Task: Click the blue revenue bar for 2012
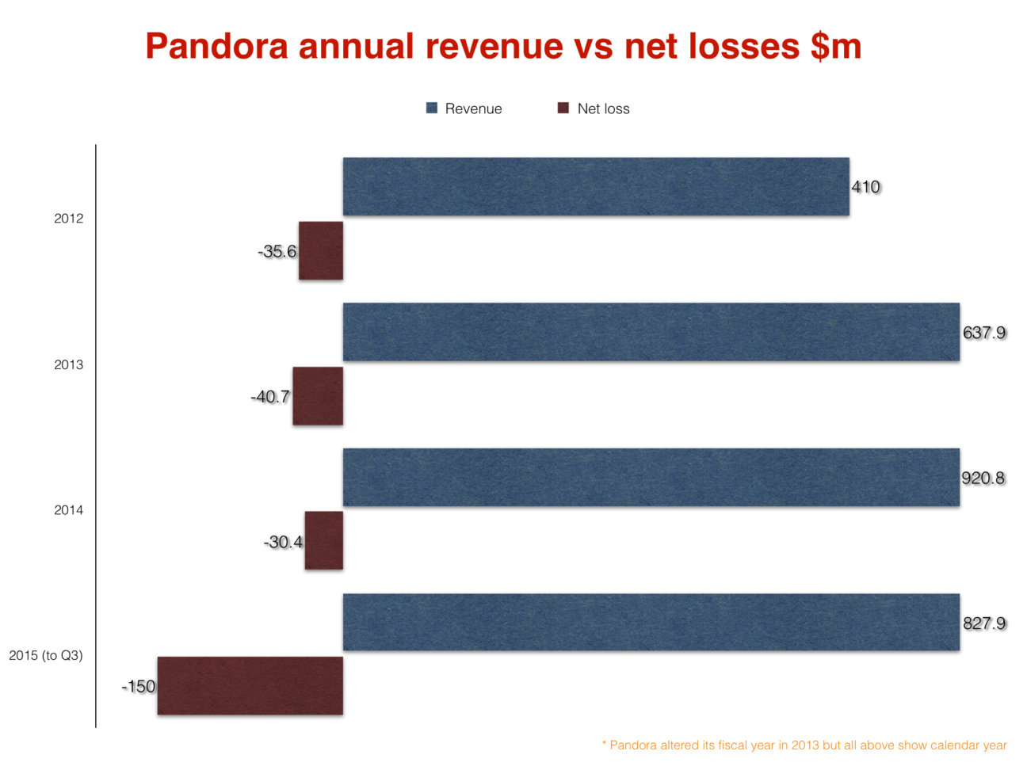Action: pos(596,186)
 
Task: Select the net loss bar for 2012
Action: pos(321,250)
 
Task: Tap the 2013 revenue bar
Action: pos(651,332)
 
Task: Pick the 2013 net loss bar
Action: pos(318,396)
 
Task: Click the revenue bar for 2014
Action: pos(651,477)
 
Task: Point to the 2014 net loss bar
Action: pos(324,540)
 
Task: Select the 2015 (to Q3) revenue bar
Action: pos(651,622)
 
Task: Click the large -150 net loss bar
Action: pos(250,686)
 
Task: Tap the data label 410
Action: pos(865,187)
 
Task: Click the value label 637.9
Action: pos(984,333)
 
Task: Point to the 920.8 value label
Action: pos(983,478)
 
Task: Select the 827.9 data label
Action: pos(984,623)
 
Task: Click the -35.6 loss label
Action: pos(277,252)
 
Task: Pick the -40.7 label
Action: pos(270,397)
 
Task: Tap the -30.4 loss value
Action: pos(283,543)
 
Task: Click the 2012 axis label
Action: pos(68,219)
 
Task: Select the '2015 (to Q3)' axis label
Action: pos(46,656)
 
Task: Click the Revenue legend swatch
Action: pos(432,109)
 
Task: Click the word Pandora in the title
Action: pos(216,46)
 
